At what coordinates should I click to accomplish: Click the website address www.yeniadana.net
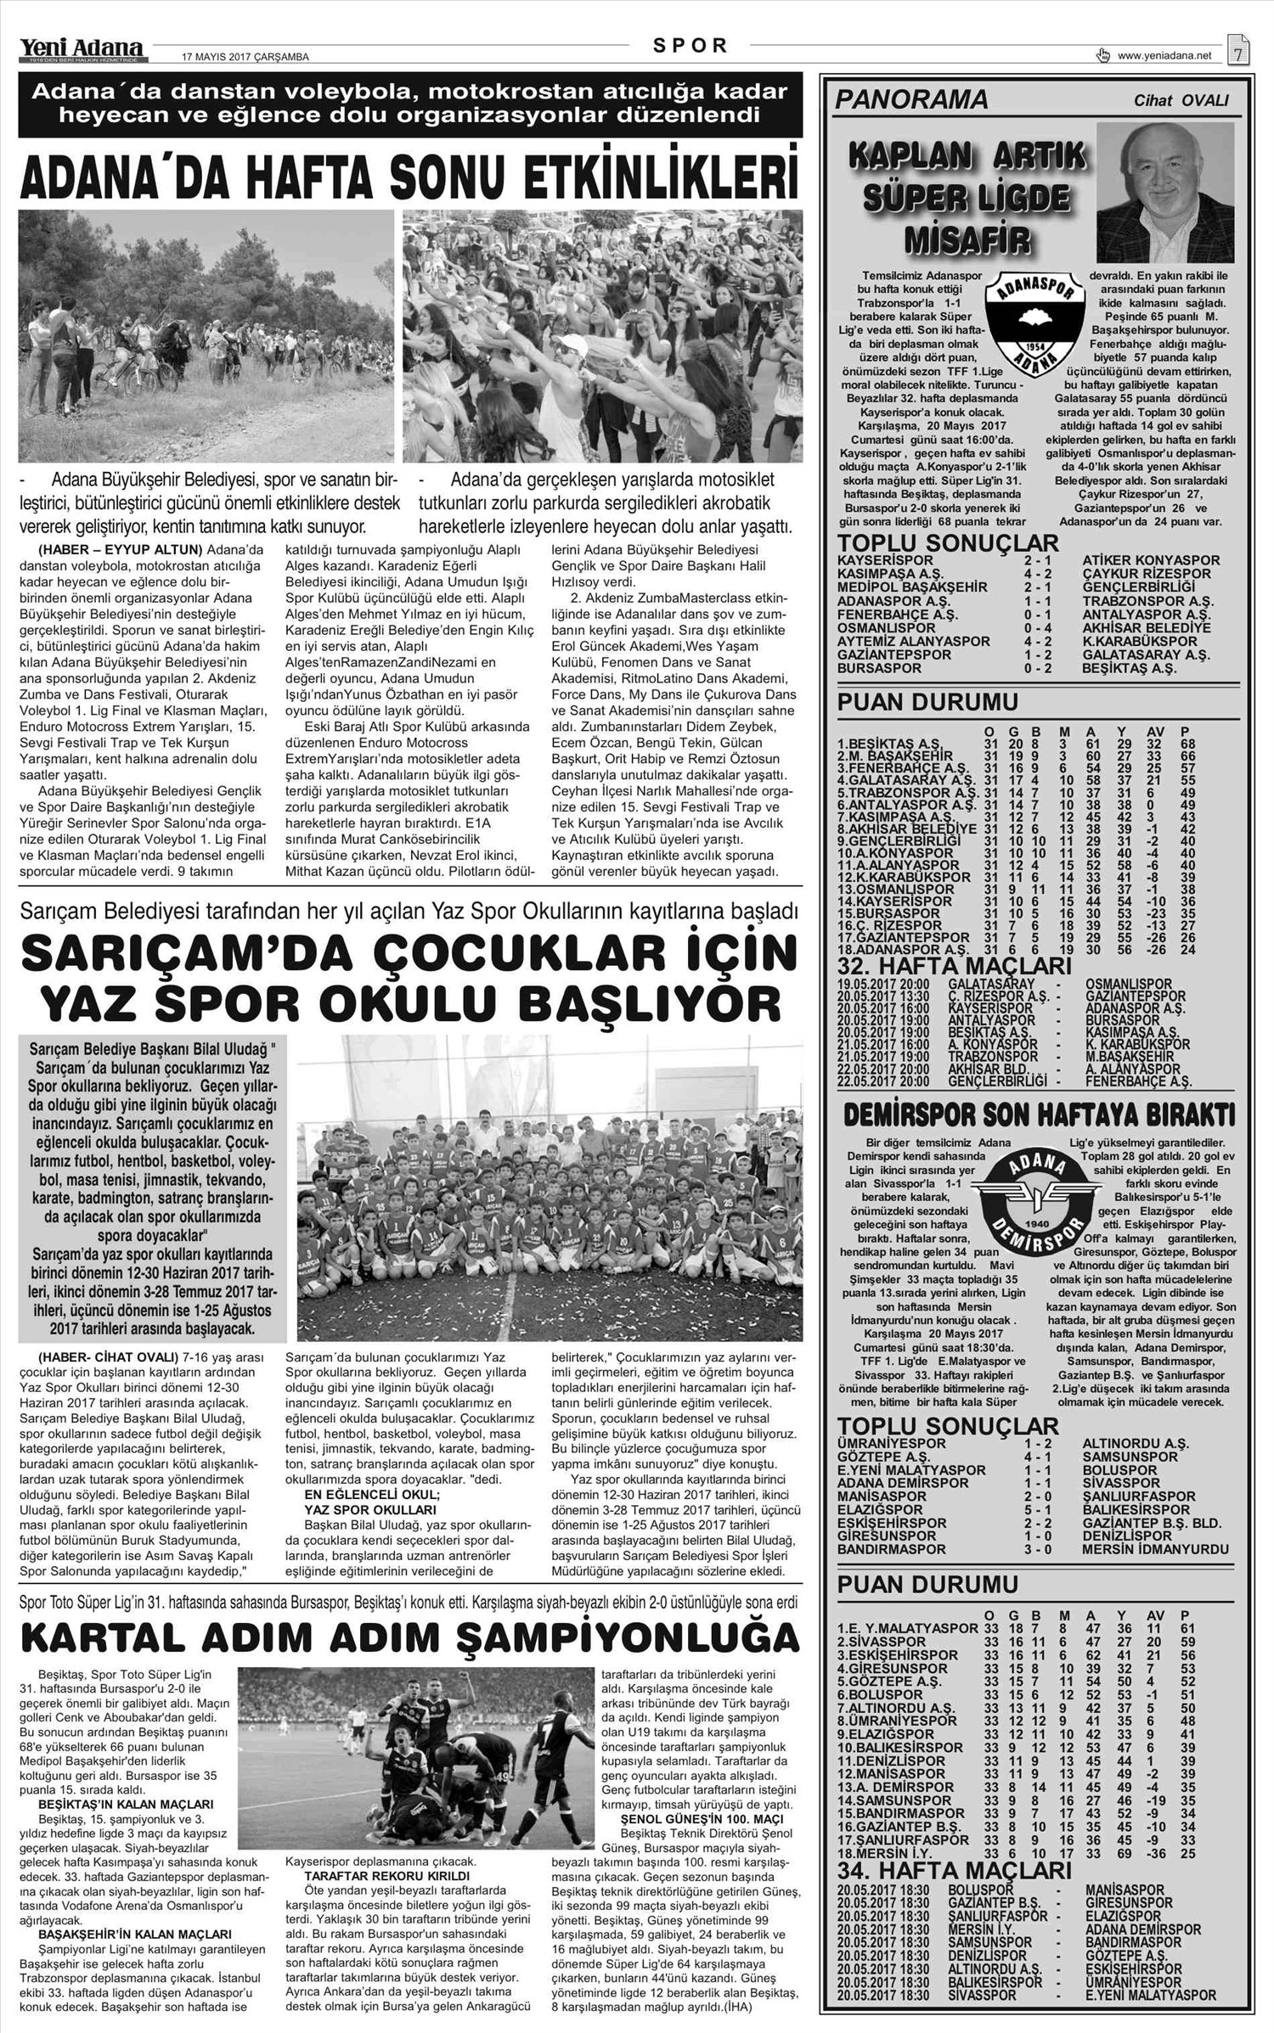[x=1164, y=57]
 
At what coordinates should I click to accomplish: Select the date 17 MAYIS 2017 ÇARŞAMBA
[x=245, y=58]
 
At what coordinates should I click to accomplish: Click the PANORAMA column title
[x=911, y=100]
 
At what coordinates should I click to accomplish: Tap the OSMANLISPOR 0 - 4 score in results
[x=1034, y=628]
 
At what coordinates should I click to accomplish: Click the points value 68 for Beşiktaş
[x=1188, y=744]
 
